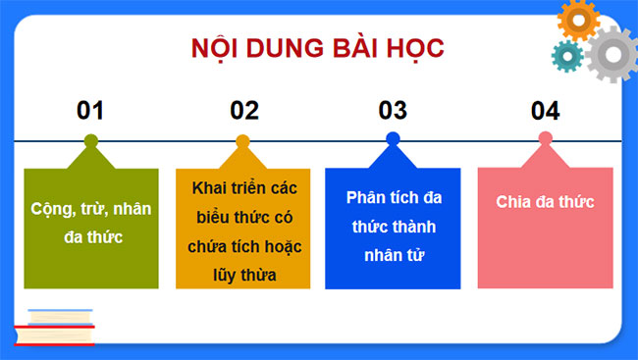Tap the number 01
point(90,110)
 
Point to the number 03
point(393,110)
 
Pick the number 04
point(545,110)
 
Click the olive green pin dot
point(91,140)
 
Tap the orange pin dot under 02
point(243,140)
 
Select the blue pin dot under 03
point(393,139)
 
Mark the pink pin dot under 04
point(545,140)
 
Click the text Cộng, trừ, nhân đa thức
point(90,223)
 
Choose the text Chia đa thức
point(545,202)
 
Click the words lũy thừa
point(243,276)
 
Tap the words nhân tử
point(393,256)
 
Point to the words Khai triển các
point(243,187)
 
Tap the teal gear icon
point(566,56)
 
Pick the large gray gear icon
point(611,55)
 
